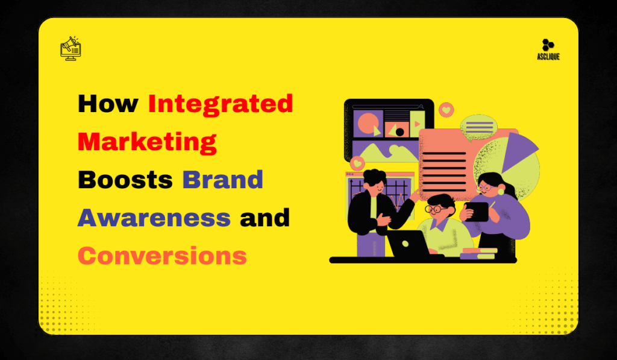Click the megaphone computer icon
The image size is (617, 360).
[70, 48]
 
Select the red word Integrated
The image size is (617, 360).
[221, 104]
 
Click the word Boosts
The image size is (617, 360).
[125, 180]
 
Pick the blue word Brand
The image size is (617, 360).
[223, 180]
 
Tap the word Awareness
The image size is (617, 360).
[154, 218]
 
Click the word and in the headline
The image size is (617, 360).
[265, 218]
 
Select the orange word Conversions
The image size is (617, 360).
[163, 256]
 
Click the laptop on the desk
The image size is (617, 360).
[408, 243]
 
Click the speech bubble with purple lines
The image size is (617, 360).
[478, 127]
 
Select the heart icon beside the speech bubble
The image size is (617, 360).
[446, 110]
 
